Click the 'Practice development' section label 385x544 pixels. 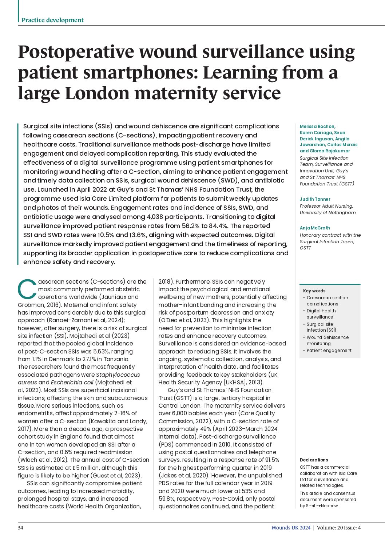(x=52, y=20)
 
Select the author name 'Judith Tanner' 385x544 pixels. (x=315, y=199)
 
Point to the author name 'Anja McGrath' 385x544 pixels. (x=315, y=228)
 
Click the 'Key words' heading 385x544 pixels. (x=314, y=291)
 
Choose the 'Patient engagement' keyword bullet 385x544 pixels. (x=329, y=351)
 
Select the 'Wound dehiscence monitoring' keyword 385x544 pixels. (x=327, y=340)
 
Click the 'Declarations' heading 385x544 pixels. (x=314, y=460)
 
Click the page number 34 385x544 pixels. (x=20, y=528)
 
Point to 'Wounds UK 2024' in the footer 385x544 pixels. (x=291, y=528)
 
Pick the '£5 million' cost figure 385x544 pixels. (x=86, y=468)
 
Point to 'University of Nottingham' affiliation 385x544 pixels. (x=328, y=213)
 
